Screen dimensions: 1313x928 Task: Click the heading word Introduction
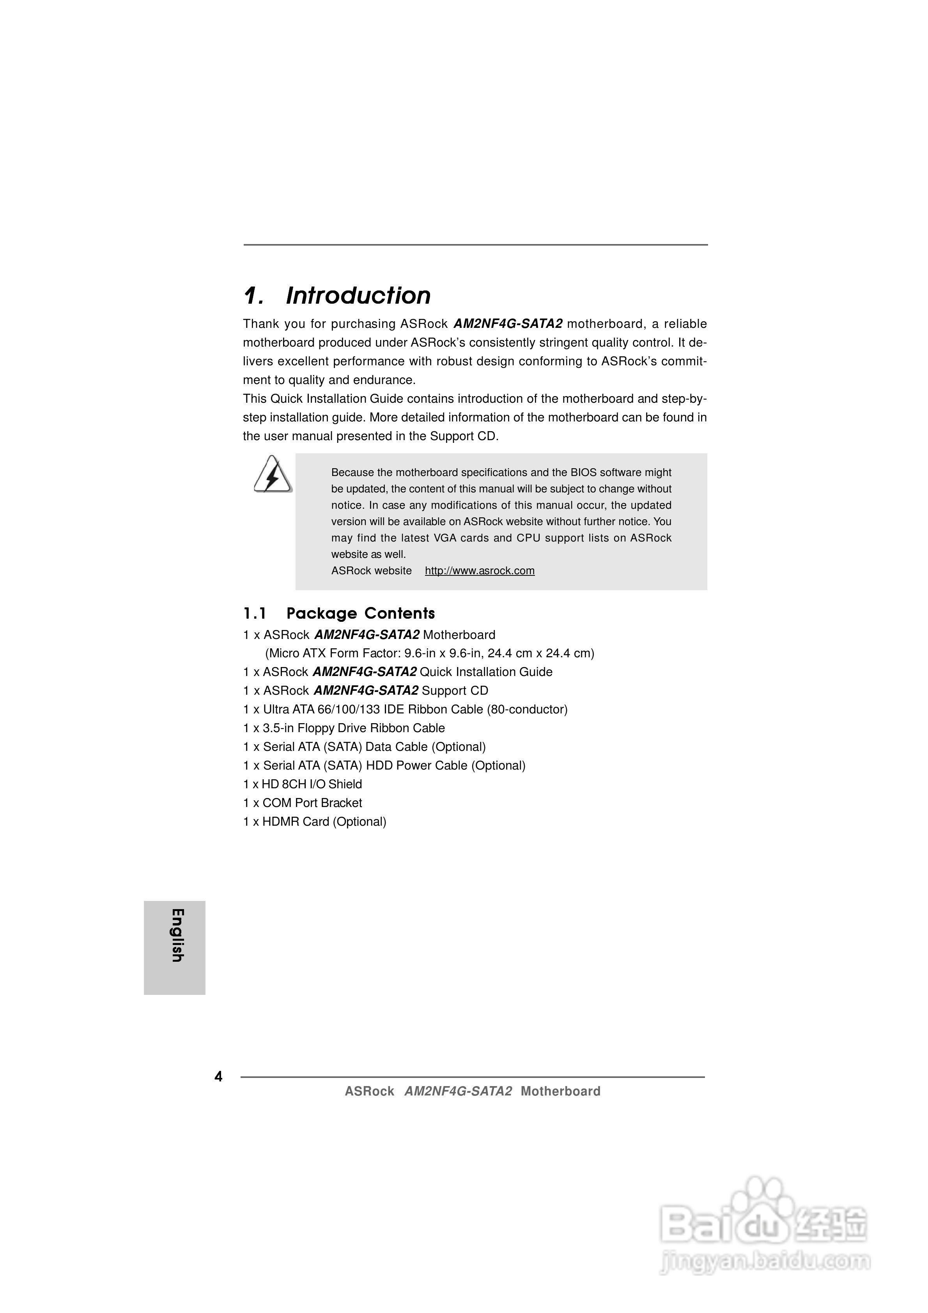358,296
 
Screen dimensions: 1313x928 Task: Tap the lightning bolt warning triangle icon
272,475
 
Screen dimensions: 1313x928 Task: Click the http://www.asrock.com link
480,571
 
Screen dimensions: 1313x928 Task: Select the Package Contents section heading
360,614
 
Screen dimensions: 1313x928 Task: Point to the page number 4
218,1077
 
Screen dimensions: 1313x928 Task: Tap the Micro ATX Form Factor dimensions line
429,653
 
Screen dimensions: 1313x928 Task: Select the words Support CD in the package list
455,691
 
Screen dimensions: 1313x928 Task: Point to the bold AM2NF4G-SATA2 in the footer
458,1091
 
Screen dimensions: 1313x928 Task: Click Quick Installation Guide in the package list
486,672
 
